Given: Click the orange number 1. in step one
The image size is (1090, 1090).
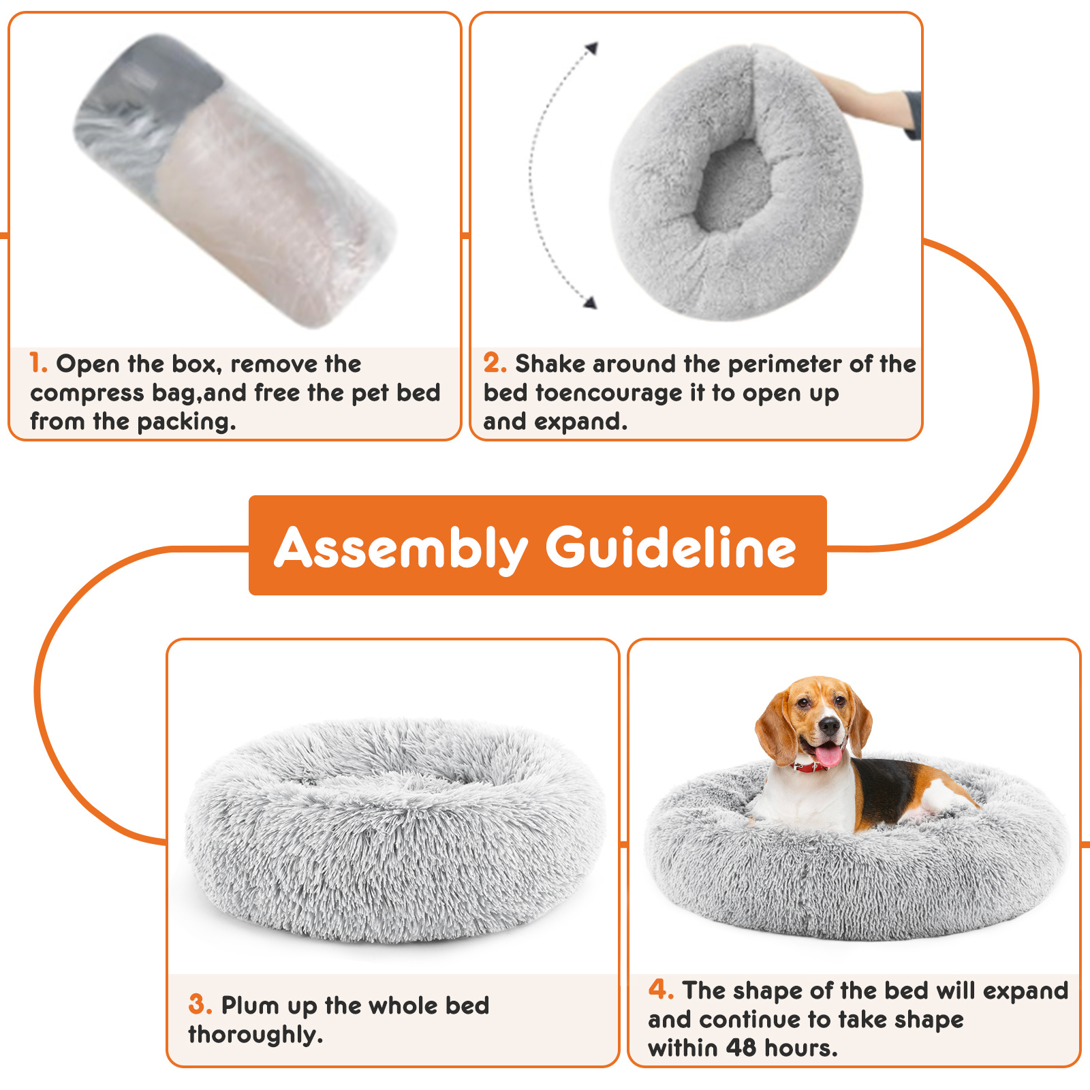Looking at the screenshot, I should (38, 363).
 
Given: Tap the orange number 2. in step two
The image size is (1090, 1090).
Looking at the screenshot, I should (495, 363).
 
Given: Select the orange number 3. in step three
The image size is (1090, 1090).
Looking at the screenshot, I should (200, 1005).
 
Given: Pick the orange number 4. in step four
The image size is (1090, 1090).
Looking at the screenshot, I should (661, 989).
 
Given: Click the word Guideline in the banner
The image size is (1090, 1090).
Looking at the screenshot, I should (671, 547).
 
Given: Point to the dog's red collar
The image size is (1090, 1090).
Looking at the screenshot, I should (811, 767).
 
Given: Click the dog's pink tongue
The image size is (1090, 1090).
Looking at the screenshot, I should (828, 756).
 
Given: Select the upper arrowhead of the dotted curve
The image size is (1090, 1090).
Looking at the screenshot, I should (592, 48).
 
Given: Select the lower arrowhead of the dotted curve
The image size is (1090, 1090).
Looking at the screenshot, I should (590, 302).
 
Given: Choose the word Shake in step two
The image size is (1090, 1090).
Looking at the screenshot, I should (550, 364).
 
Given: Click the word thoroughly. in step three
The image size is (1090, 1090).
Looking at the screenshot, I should (255, 1035).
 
